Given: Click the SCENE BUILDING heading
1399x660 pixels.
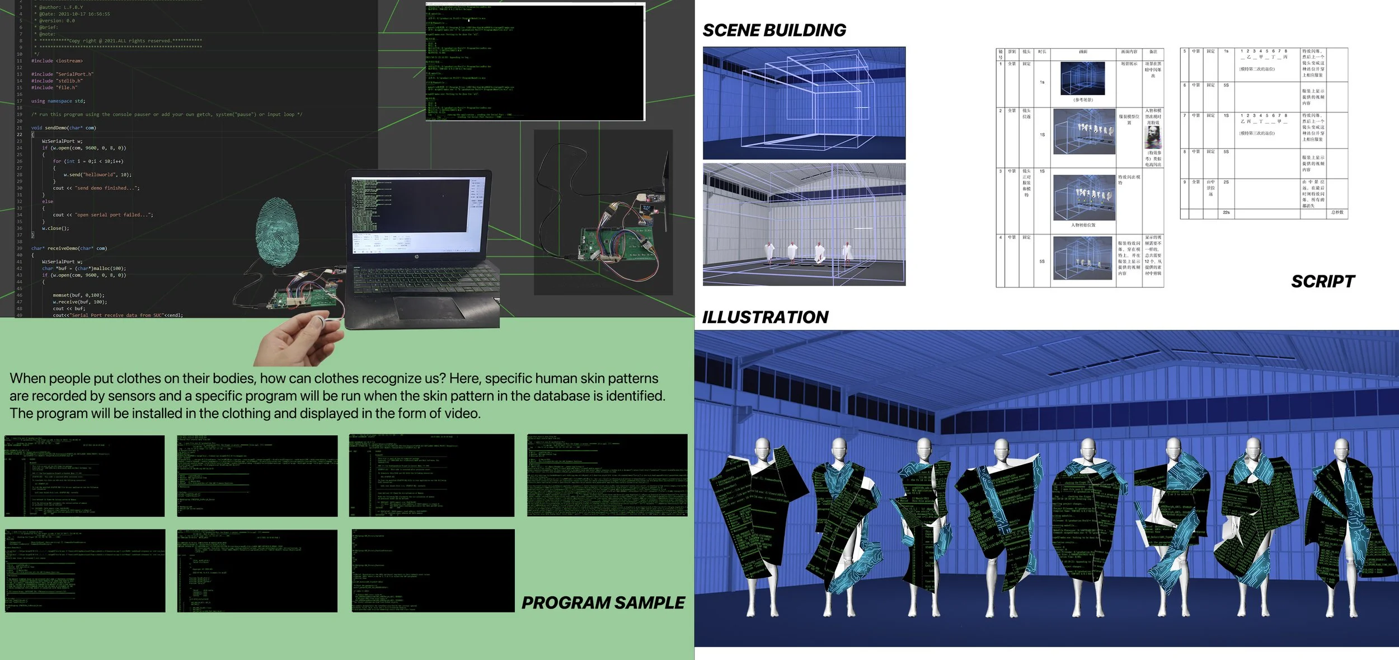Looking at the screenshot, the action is (774, 30).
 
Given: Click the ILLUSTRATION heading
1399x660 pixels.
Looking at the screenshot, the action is (765, 317).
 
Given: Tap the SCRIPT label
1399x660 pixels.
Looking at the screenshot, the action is (1323, 282).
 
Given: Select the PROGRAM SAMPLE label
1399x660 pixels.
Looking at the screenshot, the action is (603, 603).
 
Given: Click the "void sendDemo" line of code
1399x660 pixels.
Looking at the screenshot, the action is (63, 128).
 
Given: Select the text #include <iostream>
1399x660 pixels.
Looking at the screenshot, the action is (57, 61).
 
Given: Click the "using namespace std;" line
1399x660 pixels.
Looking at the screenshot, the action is (58, 101).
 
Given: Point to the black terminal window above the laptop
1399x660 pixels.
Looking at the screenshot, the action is (536, 61).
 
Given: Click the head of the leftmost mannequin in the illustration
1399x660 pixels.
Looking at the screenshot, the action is (762, 450).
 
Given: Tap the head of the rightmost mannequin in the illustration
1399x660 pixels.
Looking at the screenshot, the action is (1341, 450).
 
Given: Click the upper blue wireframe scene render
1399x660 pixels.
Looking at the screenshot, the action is (804, 103).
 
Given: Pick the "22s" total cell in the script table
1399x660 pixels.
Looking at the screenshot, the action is (1226, 213).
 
